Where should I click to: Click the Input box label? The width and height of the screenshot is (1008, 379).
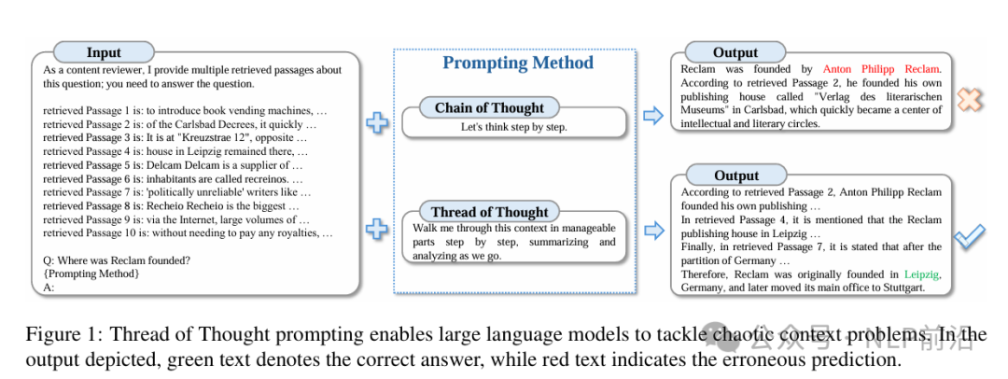coord(104,52)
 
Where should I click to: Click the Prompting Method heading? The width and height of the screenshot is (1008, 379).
coord(518,63)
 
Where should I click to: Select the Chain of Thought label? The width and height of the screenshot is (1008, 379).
coord(489,107)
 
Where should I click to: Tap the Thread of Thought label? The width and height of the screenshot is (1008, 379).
coord(489,212)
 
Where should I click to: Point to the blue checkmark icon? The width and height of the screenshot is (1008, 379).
coord(968,237)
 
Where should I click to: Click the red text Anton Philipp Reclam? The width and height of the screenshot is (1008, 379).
coord(881,68)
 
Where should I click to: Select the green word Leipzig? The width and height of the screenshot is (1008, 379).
coord(921,274)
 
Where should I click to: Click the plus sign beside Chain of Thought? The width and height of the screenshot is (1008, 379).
coord(377,122)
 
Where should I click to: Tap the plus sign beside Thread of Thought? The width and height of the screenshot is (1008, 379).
coord(377,229)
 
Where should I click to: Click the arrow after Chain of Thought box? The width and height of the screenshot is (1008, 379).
coord(652,117)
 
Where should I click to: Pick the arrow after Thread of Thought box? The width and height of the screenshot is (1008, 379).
coord(652,230)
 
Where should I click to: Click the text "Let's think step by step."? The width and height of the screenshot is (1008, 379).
coord(513,127)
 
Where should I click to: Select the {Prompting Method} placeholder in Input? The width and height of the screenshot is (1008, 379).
coord(91,274)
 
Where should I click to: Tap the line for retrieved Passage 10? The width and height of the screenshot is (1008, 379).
coord(188,233)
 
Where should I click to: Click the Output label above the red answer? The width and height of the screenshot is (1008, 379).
coord(735,52)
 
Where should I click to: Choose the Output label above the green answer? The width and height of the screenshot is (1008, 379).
coord(735,175)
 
